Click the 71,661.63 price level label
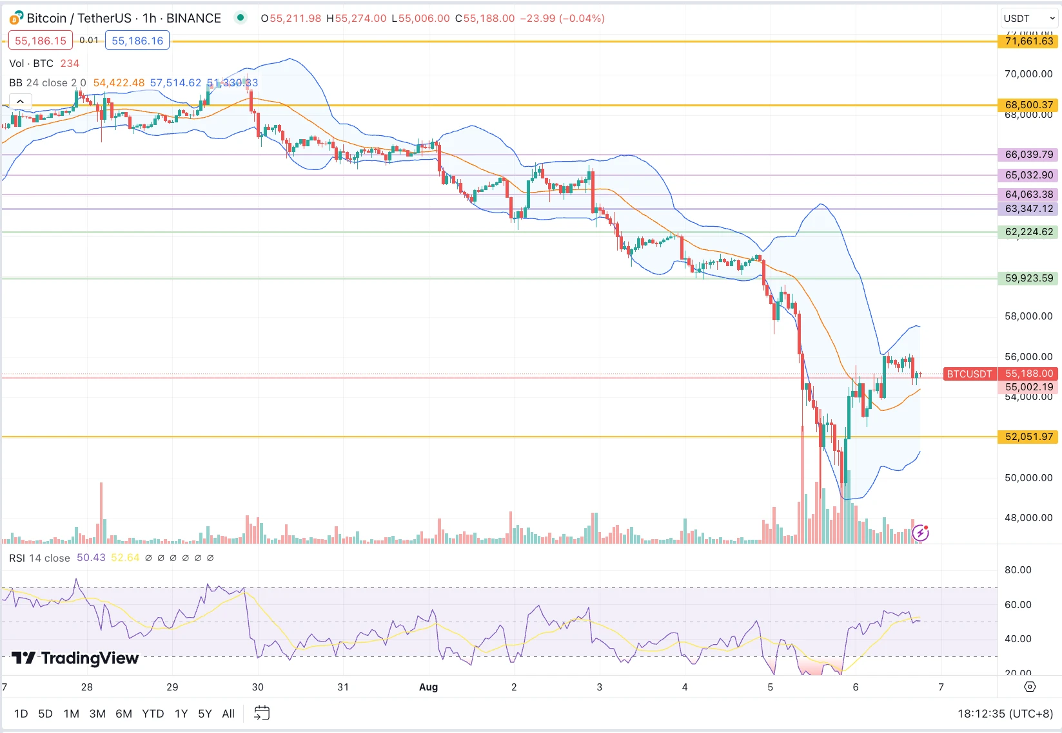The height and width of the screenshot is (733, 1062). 1028,41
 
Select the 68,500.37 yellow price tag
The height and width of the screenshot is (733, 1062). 1028,104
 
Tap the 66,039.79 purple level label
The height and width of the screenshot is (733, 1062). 1028,155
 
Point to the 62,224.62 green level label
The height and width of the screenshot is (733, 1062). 1028,232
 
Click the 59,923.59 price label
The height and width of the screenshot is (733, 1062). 1028,278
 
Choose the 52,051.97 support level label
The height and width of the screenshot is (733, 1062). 1028,437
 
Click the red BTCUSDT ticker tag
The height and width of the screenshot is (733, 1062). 969,374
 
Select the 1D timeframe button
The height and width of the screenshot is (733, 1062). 21,714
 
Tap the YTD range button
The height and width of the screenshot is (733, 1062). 153,714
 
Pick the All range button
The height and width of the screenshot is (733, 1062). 228,714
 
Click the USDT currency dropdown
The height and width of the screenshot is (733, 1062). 1028,19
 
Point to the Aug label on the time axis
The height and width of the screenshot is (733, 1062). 428,687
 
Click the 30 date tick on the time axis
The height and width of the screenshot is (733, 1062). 258,687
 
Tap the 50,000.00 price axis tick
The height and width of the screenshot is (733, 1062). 1028,478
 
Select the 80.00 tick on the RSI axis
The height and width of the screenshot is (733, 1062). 1018,570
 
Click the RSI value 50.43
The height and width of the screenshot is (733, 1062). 91,558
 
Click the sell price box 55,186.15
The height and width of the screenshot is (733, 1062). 41,41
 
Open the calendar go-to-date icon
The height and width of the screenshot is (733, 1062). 262,713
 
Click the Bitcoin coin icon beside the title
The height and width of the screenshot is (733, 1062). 16,18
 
